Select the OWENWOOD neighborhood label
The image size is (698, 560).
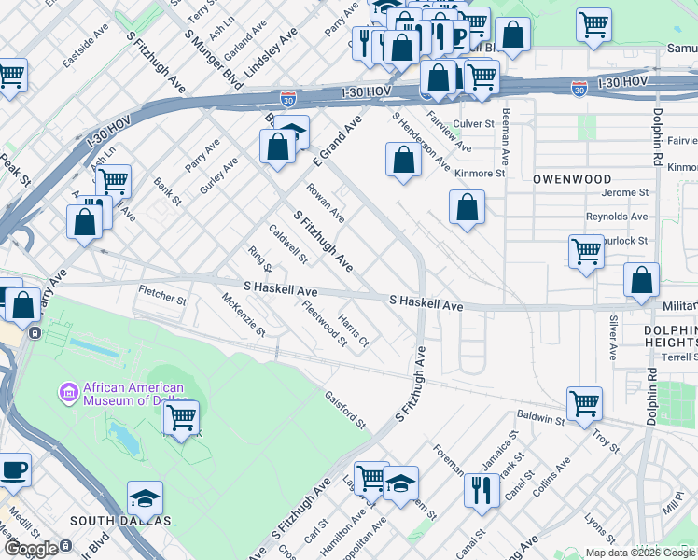click(x=572, y=178)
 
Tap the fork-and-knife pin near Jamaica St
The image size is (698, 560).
click(x=482, y=489)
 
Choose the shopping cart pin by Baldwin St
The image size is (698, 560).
click(x=584, y=404)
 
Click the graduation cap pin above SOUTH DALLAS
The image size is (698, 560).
click(x=145, y=497)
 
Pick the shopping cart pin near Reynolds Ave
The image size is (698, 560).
click(x=586, y=250)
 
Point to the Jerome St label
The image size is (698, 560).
click(x=625, y=192)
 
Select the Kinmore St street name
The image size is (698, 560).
click(x=479, y=173)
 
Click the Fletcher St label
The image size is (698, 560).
click(x=162, y=297)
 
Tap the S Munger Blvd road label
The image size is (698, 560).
click(x=207, y=44)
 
